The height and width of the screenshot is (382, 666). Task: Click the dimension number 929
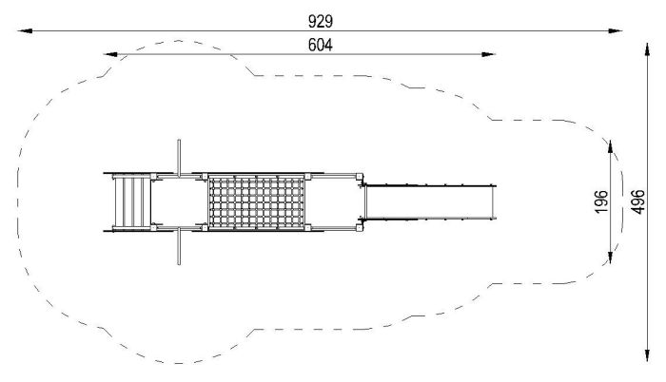coord(321,21)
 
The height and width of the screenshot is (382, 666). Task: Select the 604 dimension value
coord(321,45)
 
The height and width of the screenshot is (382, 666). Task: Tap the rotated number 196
coord(601,201)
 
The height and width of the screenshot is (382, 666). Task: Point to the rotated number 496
coord(637,201)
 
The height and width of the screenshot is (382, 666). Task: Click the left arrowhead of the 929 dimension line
coord(25,30)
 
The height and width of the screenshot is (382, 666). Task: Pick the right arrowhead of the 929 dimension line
coord(615,30)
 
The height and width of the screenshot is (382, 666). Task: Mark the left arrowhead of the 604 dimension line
coord(110,54)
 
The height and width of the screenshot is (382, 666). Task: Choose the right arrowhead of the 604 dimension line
coord(488,54)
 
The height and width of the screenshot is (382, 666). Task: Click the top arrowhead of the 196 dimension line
coord(611,146)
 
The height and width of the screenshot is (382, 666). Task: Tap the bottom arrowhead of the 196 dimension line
coord(611,258)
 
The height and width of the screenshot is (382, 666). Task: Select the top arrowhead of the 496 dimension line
coord(647,49)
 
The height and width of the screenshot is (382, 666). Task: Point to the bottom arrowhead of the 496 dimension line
coord(647,354)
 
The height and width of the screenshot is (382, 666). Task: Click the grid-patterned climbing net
coord(257,202)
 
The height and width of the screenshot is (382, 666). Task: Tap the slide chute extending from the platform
coord(429,202)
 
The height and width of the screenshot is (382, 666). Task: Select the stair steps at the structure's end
coord(131,202)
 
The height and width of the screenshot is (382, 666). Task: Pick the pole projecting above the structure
coord(179,158)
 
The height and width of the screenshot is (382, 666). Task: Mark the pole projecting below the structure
coord(179,246)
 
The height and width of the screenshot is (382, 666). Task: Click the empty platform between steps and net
coord(179,202)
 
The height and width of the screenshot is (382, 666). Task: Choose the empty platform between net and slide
coord(333,202)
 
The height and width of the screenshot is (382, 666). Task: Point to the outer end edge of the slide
coord(494,202)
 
